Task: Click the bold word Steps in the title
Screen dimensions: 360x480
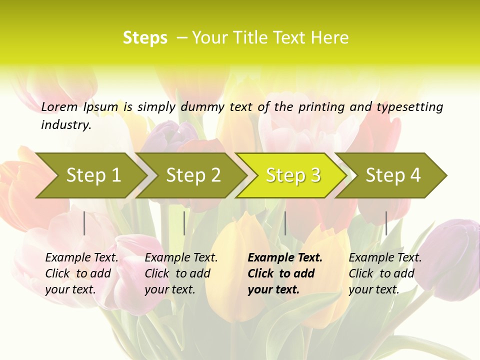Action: (145, 38)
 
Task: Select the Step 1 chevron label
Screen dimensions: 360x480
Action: (93, 175)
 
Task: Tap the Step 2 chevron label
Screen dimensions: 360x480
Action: (193, 175)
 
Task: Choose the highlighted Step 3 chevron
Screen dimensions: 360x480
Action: (293, 175)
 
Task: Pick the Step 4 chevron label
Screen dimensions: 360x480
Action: (393, 175)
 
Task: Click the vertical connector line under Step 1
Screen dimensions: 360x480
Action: (84, 223)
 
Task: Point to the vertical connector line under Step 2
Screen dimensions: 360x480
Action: (184, 223)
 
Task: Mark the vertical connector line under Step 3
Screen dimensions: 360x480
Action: (285, 223)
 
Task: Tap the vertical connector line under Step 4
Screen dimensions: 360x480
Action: (386, 223)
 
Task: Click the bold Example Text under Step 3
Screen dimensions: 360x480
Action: (284, 273)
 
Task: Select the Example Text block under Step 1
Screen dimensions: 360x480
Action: (81, 273)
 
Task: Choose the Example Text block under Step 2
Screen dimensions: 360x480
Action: (181, 273)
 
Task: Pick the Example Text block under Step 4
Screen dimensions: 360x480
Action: (385, 273)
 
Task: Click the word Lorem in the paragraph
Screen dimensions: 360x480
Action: (59, 107)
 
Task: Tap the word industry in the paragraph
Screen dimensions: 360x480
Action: (65, 125)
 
